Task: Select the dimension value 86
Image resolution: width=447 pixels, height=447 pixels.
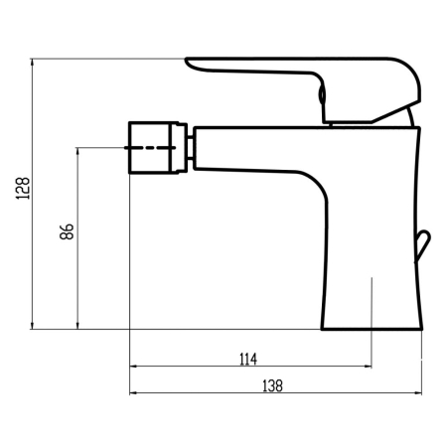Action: pyautogui.click(x=67, y=230)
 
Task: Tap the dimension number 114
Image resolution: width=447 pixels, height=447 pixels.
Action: pyautogui.click(x=248, y=359)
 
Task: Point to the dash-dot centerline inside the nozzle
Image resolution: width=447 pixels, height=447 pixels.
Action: pyautogui.click(x=154, y=148)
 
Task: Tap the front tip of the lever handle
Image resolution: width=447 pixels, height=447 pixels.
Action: pyautogui.click(x=191, y=64)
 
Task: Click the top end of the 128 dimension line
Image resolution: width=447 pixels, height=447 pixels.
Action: pyautogui.click(x=35, y=59)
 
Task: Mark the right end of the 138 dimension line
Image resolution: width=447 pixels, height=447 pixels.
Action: pyautogui.click(x=419, y=393)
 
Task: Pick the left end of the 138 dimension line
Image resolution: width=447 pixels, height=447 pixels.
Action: pyautogui.click(x=129, y=393)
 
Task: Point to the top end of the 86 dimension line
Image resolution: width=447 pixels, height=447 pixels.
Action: pyautogui.click(x=78, y=149)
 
